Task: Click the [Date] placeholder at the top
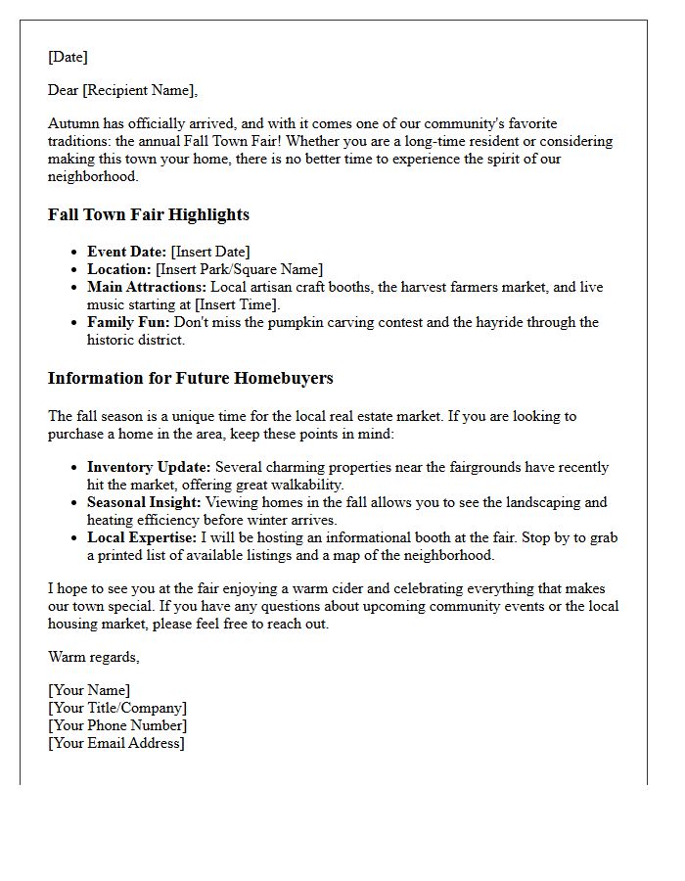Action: pos(68,57)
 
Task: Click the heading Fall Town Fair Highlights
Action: pos(148,214)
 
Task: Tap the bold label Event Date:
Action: pos(126,252)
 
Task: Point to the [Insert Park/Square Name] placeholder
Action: pos(239,269)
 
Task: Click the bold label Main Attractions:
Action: pos(146,287)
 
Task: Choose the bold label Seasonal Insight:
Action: pos(144,502)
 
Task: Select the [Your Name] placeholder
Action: pos(89,690)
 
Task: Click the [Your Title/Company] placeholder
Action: pos(117,708)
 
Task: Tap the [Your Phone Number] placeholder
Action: pos(117,725)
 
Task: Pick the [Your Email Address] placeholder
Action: pos(115,743)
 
